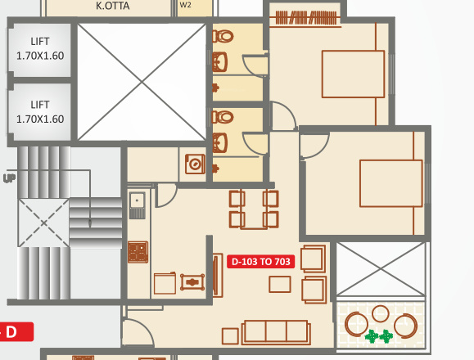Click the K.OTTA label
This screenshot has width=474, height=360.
pyautogui.click(x=112, y=6)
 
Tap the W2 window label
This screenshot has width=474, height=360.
pyautogui.click(x=185, y=5)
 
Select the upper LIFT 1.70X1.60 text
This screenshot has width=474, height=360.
pyautogui.click(x=40, y=48)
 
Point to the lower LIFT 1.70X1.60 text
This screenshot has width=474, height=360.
pyautogui.click(x=40, y=112)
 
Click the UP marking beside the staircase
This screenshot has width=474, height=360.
pyautogui.click(x=9, y=178)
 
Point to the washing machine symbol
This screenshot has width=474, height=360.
pyautogui.click(x=195, y=164)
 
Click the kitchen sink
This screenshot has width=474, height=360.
pyautogui.click(x=137, y=200)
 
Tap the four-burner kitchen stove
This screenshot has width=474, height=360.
pyautogui.click(x=138, y=251)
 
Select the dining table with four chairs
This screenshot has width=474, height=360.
pyautogui.click(x=254, y=209)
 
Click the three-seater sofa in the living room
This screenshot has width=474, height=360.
pyautogui.click(x=276, y=331)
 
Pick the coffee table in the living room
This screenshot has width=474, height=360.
pyautogui.click(x=280, y=284)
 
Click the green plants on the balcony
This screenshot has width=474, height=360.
pyautogui.click(x=378, y=335)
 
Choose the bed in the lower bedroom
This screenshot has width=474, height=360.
pyautogui.click(x=390, y=182)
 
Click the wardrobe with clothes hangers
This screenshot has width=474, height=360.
pyautogui.click(x=305, y=16)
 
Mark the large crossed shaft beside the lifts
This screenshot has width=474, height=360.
pyautogui.click(x=142, y=81)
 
